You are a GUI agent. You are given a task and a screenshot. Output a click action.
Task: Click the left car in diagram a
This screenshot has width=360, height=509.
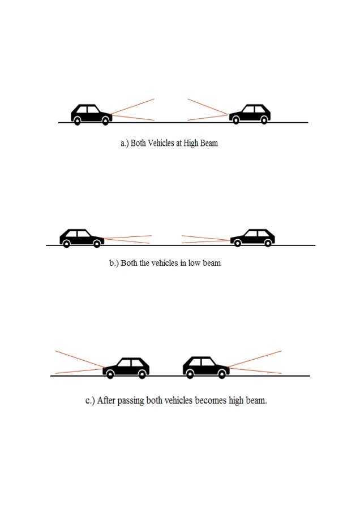(x=92, y=115)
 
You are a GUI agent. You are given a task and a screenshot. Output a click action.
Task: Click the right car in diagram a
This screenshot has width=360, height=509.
(x=250, y=114)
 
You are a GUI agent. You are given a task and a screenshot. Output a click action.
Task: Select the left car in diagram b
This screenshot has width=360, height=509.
(x=82, y=238)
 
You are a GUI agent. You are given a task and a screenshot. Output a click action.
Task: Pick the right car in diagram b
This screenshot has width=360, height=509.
(x=252, y=238)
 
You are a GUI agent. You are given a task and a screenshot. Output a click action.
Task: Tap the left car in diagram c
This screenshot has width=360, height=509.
(x=126, y=368)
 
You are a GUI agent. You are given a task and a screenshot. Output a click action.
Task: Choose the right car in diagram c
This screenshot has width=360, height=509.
(x=206, y=368)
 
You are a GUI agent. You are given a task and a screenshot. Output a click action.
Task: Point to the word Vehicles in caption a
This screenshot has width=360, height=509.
(x=161, y=143)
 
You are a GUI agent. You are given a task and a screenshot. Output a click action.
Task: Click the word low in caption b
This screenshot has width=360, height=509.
(x=194, y=262)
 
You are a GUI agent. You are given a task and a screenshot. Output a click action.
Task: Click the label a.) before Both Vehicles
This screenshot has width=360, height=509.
(x=125, y=144)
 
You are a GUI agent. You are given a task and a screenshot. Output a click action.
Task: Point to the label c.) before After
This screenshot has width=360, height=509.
(x=90, y=401)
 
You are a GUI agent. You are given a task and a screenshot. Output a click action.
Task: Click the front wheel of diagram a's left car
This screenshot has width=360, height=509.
(x=105, y=121)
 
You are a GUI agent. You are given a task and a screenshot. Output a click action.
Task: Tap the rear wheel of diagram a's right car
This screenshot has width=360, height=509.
(x=264, y=120)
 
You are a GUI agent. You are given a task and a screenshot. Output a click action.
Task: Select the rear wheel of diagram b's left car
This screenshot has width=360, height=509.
(x=66, y=244)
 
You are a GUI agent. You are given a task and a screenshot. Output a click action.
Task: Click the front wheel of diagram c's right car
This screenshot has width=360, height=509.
(x=221, y=374)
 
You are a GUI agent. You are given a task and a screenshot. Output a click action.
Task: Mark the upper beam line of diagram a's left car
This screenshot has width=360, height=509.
(x=133, y=106)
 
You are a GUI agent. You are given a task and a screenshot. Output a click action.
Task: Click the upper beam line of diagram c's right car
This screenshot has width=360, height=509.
(x=255, y=359)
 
